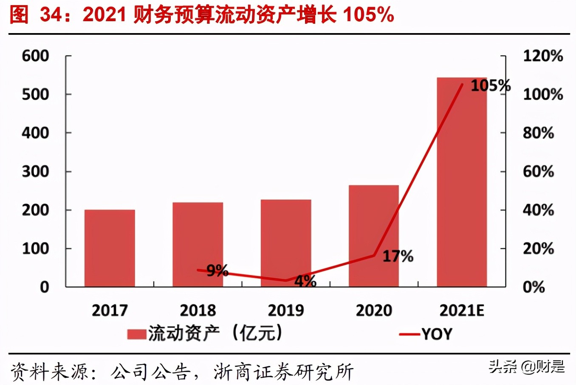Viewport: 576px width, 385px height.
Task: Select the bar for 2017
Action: tap(110, 248)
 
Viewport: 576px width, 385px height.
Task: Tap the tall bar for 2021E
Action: tap(462, 182)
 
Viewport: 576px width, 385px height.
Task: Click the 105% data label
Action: tap(490, 86)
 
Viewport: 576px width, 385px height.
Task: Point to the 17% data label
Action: tap(398, 256)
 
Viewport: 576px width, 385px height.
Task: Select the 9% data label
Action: tap(217, 270)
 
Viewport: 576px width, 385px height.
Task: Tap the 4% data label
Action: tap(305, 281)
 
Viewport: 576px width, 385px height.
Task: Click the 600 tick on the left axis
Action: tap(36, 56)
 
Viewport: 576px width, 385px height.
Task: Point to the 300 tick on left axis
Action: tap(36, 172)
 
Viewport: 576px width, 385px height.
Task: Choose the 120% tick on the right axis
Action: tap(542, 56)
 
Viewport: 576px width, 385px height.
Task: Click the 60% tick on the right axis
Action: tap(538, 172)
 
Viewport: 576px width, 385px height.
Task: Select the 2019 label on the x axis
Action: tap(285, 310)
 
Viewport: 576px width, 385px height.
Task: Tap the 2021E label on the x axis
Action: tap(462, 310)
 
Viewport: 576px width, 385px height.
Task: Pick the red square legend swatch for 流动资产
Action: tap(136, 334)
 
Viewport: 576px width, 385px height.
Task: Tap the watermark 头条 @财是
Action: tap(527, 366)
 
